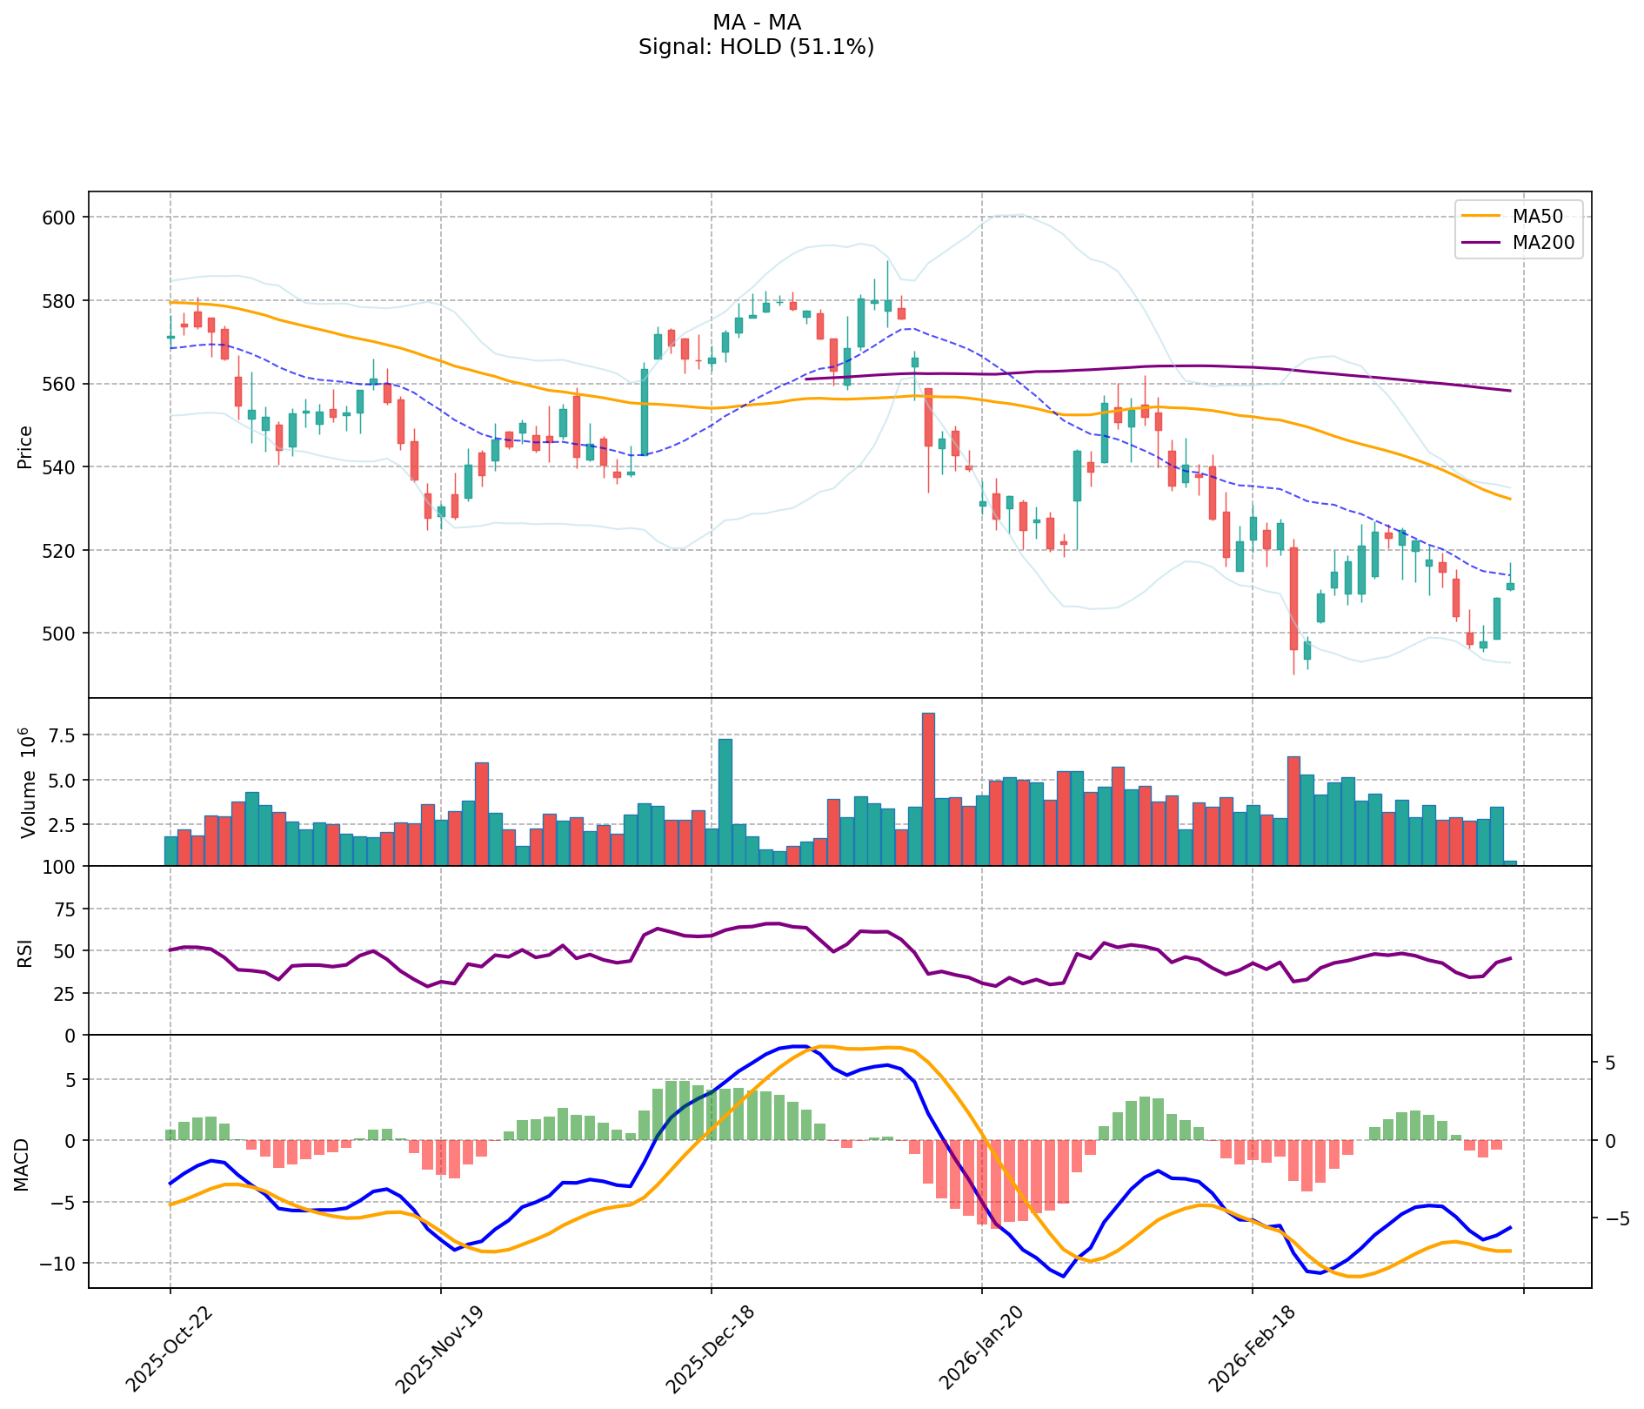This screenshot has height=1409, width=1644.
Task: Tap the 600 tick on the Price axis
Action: click(63, 217)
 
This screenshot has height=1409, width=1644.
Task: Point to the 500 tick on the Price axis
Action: click(63, 633)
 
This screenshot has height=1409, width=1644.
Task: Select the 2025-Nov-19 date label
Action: click(435, 1349)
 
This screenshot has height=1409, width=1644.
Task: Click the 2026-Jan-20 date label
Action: click(976, 1349)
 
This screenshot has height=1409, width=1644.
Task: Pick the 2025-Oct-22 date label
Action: click(165, 1349)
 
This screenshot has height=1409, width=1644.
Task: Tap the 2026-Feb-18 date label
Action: click(1246, 1349)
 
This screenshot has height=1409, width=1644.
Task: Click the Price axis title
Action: click(25, 446)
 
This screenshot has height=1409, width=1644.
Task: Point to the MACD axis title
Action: click(22, 1164)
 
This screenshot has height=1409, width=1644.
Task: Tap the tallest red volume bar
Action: click(928, 788)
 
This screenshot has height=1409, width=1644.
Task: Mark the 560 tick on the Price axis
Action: click(63, 384)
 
